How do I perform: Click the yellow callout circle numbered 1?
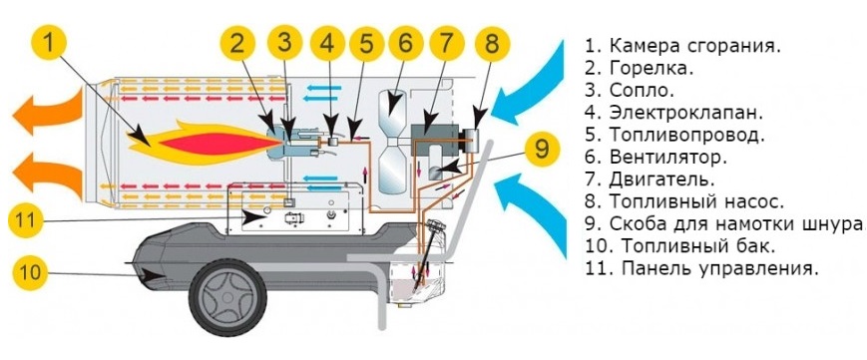point(49,43)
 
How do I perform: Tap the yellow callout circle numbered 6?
point(406,43)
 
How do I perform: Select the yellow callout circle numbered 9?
point(542,149)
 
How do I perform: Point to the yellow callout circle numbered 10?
point(30,271)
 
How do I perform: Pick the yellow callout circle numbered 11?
point(26,220)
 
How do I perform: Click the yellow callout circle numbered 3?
point(284,43)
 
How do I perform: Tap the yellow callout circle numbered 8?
point(492,43)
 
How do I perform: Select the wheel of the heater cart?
point(227,297)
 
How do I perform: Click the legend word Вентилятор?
point(667,158)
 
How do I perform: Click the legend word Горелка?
point(651,69)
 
